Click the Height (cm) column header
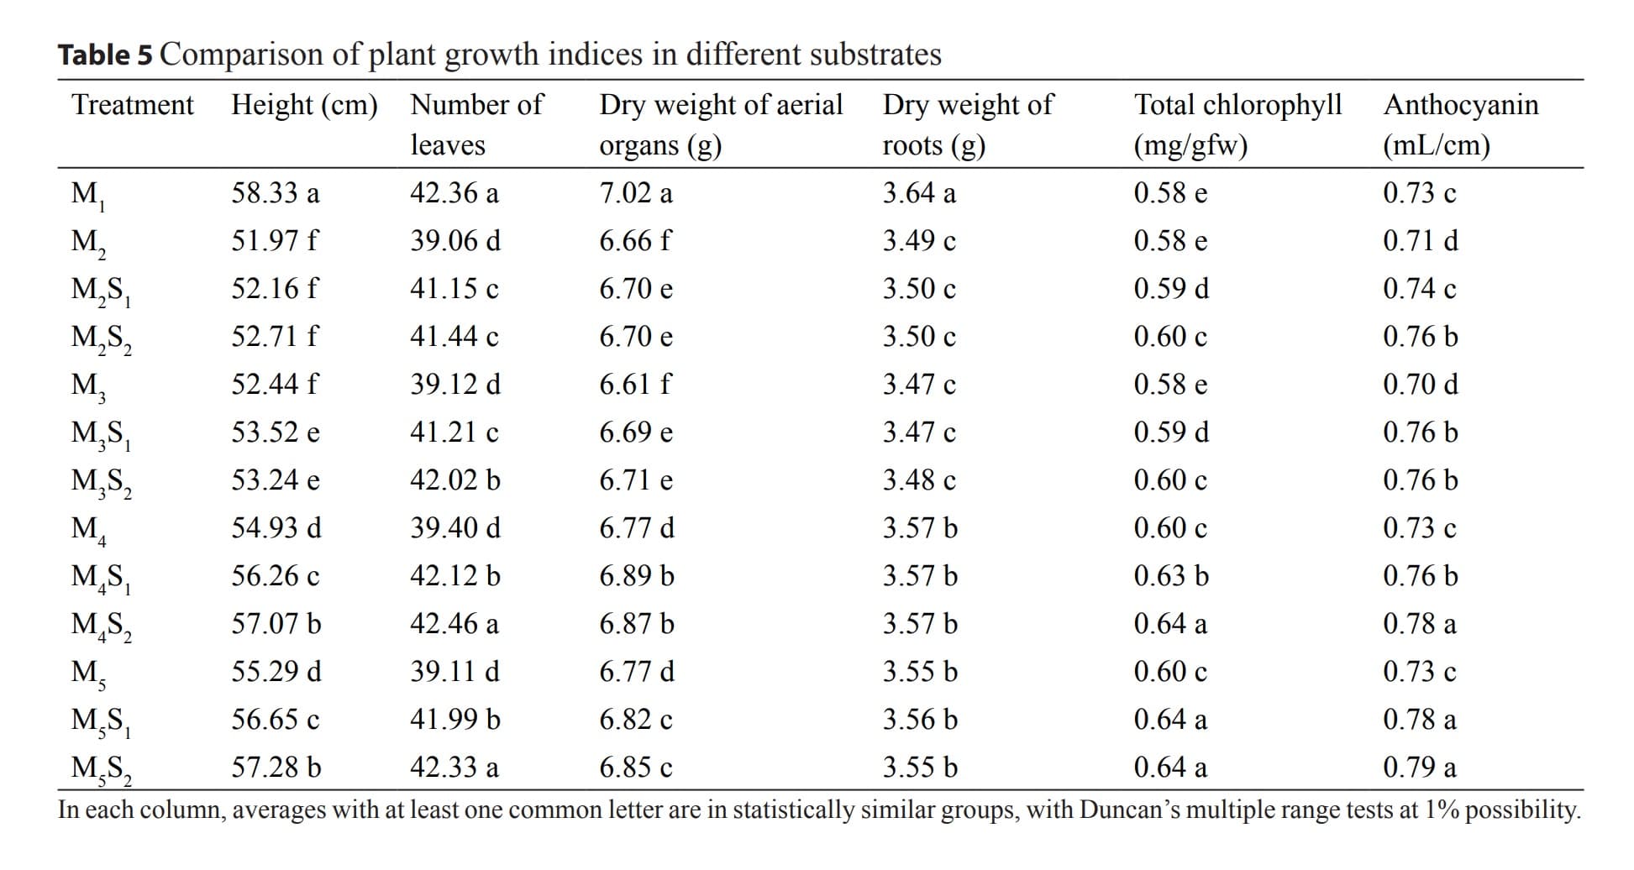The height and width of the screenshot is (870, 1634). pos(304,105)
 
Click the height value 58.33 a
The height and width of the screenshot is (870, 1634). pos(276,193)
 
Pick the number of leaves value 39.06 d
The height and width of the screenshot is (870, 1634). pos(455,241)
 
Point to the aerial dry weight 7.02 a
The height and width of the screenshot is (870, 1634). pos(636,193)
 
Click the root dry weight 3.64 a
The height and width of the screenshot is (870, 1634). pos(919,193)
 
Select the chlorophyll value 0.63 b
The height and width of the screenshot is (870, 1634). pos(1171,576)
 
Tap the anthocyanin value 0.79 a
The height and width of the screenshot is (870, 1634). pos(1420,768)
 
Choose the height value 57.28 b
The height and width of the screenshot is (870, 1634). pos(276,768)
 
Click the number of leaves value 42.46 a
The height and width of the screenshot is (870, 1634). pos(454,624)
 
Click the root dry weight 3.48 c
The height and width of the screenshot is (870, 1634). pos(919,480)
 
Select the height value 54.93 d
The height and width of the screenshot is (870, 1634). pos(276,528)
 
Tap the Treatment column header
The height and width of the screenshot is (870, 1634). pos(133,105)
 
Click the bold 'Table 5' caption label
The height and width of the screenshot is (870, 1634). pos(106,55)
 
